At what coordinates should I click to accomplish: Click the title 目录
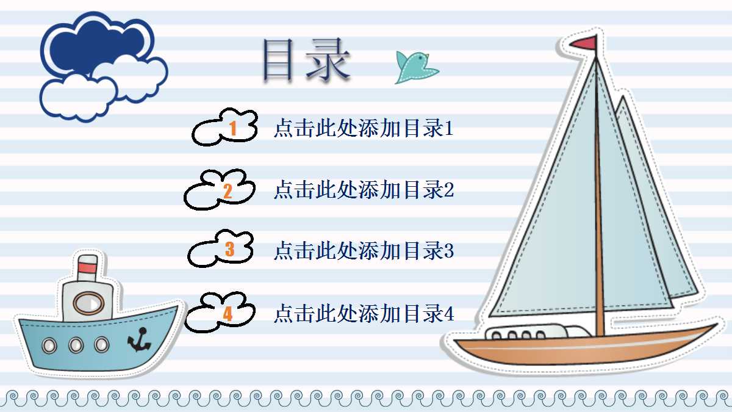point(306,60)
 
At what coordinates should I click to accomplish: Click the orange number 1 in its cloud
point(232,128)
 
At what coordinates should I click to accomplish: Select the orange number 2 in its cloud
point(228,191)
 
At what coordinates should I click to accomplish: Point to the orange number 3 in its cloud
point(229,249)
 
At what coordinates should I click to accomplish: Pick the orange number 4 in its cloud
point(228,314)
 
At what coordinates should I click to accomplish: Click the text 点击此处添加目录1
point(364,129)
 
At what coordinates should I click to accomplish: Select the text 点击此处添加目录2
point(364,190)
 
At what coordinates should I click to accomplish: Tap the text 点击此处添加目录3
point(364,250)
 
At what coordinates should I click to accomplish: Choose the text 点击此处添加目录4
point(364,314)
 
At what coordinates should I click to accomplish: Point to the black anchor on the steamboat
point(140,339)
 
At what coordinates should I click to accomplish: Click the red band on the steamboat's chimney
point(88,265)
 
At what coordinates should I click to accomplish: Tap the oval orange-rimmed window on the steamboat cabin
point(89,303)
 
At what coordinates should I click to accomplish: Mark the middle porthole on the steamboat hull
point(76,345)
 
